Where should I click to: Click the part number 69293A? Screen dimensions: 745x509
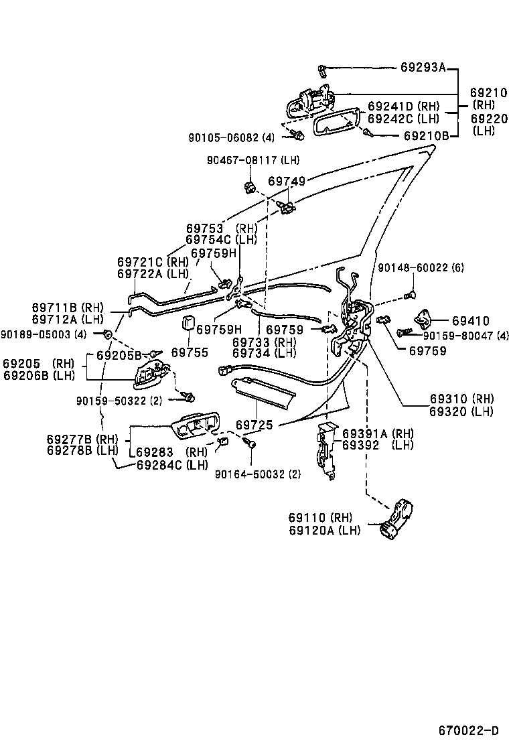pos(423,67)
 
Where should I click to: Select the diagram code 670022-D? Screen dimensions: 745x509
pos(469,730)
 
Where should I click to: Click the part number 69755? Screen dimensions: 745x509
pos(190,352)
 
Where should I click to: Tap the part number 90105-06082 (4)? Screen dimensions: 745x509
pos(231,137)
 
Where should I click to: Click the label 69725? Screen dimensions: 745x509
pos(255,425)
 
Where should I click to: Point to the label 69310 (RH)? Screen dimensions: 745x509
pos(464,397)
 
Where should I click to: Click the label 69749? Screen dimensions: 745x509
pos(287,181)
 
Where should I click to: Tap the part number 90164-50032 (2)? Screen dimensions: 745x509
pos(258,474)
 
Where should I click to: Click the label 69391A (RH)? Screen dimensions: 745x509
pos(378,433)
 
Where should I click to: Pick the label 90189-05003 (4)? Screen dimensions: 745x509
pos(44,334)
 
